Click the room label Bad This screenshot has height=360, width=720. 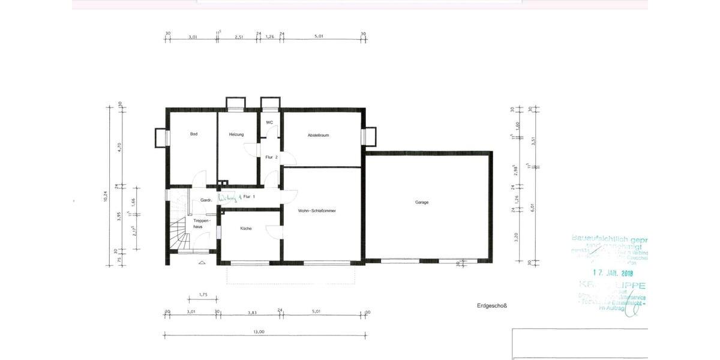point(194,134)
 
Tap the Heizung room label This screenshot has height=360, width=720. point(236,134)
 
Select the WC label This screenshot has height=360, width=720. point(269,122)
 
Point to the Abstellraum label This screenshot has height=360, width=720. point(318,135)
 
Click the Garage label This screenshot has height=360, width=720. point(422,202)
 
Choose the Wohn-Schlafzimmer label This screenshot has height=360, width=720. point(317,211)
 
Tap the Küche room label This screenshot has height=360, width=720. point(246,228)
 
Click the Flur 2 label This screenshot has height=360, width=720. point(271,157)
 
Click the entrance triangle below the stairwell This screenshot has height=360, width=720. point(202,263)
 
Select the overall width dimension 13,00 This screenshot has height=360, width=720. point(259,332)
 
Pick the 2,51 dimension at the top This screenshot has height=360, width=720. point(239,37)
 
